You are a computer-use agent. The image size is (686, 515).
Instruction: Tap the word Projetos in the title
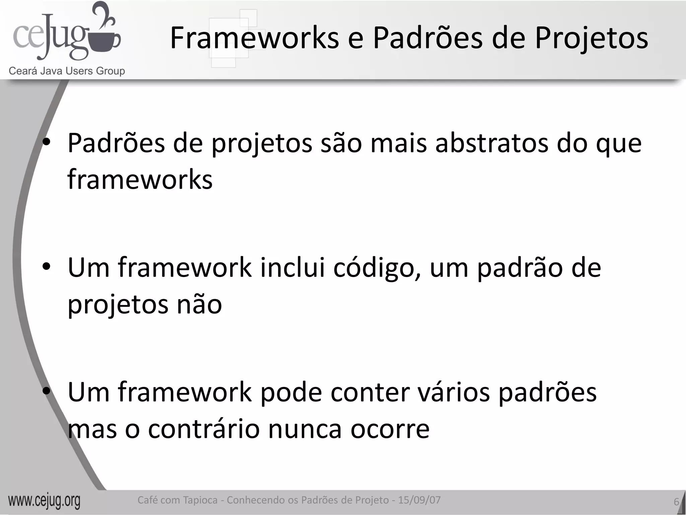coord(591,39)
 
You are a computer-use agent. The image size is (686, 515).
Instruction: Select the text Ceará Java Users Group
coord(67,71)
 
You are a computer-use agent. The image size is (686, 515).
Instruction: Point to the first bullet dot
coord(47,142)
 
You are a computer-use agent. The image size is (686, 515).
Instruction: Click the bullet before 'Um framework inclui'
coord(47,267)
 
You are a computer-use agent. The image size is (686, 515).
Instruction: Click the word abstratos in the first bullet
coord(491,143)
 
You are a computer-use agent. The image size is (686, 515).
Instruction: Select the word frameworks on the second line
coord(140,180)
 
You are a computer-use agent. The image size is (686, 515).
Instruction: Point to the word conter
coord(370,392)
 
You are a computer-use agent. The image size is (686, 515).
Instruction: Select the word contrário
coord(204,429)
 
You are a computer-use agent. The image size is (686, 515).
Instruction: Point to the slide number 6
coord(676,502)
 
